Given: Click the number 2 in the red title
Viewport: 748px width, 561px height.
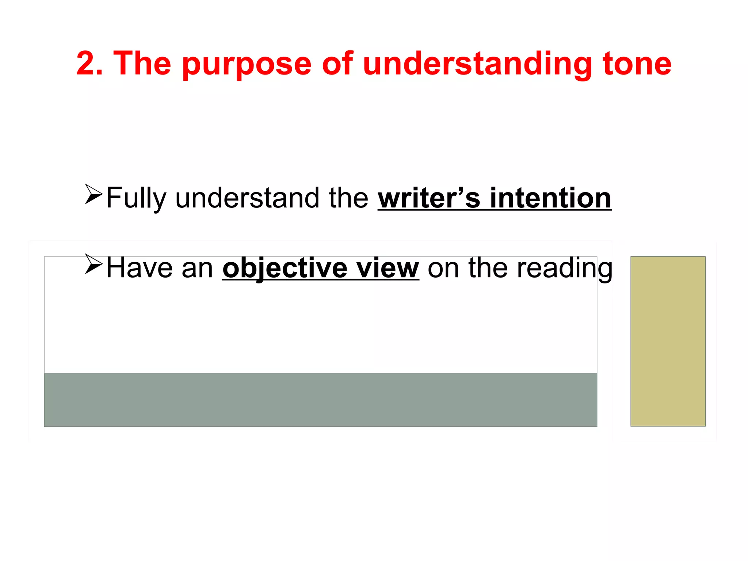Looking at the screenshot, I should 85,64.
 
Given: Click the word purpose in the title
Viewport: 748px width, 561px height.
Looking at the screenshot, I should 247,65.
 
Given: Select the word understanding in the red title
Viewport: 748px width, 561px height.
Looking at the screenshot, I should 477,64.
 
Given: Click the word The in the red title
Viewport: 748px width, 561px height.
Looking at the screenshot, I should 142,64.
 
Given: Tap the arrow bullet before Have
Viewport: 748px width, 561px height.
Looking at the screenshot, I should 93,264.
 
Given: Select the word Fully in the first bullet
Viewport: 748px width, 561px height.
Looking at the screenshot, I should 136,198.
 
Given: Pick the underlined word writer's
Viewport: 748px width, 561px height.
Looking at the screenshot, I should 429,198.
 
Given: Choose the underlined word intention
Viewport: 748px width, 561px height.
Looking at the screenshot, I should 550,198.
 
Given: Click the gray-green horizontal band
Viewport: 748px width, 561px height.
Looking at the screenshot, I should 320,400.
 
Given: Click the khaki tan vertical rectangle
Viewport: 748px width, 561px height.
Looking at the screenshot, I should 668,341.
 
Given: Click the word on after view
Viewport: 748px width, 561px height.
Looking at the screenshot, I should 443,268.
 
